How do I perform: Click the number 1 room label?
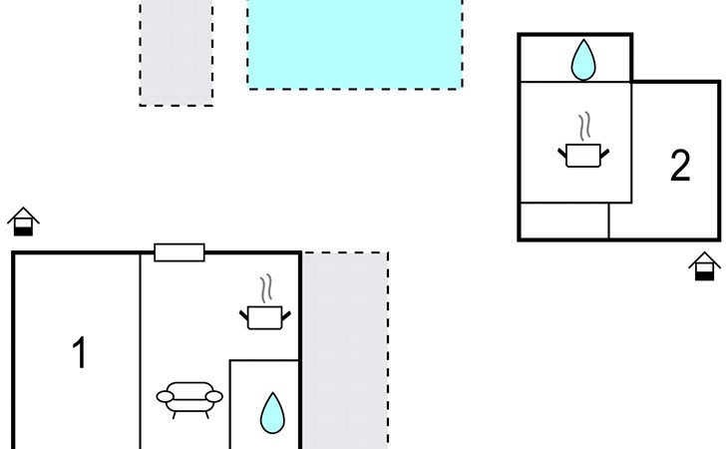point(79,352)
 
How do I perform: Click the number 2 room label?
point(679,166)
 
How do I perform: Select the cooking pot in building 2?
point(582,155)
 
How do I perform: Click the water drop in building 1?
point(271,413)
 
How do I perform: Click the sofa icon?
point(189,397)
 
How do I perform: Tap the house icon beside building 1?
point(23,222)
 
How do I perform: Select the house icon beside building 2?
point(704,266)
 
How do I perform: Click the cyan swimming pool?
point(355,44)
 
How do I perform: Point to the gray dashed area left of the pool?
point(177,52)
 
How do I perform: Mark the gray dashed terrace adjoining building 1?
point(344,349)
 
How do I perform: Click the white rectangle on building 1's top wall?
point(180,252)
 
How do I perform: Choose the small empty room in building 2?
point(564,221)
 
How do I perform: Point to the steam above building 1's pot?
point(265,289)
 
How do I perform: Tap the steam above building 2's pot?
point(583,127)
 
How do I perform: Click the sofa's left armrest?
point(166,397)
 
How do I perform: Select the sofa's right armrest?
point(213,397)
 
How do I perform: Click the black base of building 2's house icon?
point(704,273)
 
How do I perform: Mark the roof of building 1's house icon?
point(23,214)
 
